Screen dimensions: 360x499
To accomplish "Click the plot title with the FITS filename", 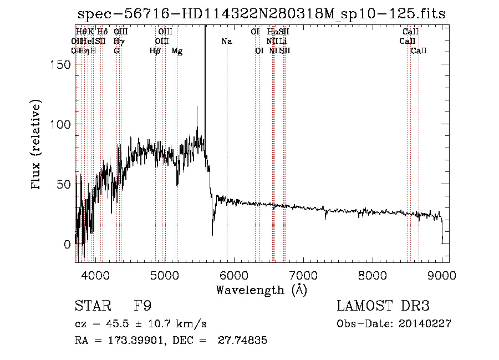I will tap(261, 14).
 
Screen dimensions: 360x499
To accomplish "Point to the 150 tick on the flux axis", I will tap(77, 64).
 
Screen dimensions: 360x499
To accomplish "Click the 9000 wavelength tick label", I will tap(442, 275).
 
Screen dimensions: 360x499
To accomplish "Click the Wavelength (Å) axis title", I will tap(261, 290).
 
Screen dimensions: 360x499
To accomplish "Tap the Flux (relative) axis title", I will tap(37, 146).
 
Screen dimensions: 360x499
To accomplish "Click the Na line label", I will tap(226, 42).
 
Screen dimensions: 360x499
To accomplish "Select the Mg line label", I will tap(177, 51).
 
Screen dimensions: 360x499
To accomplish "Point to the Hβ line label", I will tap(155, 51).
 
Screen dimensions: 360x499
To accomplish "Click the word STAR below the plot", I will tap(92, 306).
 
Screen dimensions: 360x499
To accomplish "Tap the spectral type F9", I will tap(142, 306).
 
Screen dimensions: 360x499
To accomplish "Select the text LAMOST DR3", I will tap(383, 306).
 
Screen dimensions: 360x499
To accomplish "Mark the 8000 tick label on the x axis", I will tap(373, 275).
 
